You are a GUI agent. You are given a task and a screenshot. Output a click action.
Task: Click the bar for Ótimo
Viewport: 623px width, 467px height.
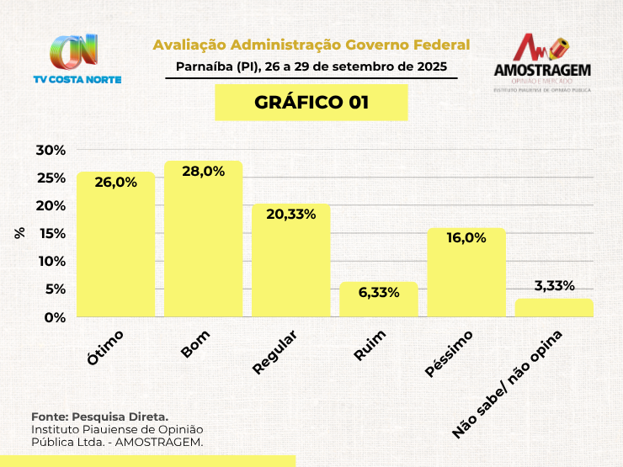(x=115, y=244)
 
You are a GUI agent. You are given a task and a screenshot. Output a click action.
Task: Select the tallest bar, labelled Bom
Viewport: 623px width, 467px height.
(x=203, y=239)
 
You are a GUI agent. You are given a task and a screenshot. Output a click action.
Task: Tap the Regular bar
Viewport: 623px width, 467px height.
(x=291, y=260)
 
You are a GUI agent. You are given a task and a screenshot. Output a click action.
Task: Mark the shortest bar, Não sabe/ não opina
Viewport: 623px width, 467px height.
(x=554, y=308)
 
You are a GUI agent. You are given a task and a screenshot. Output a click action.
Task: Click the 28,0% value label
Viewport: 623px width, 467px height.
(x=203, y=172)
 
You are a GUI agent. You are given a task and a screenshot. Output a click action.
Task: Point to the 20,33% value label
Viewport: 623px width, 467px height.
(x=291, y=215)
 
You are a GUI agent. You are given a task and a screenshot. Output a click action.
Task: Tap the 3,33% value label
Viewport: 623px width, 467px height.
(x=554, y=284)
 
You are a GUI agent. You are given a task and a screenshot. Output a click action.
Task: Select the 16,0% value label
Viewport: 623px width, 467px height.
(x=466, y=238)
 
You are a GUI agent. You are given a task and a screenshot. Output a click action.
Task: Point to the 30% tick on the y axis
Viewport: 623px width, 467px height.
(x=51, y=151)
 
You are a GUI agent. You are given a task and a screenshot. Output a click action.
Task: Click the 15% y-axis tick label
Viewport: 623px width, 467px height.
(x=51, y=234)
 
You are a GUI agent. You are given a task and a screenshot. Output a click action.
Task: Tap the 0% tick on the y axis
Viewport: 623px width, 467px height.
(x=54, y=317)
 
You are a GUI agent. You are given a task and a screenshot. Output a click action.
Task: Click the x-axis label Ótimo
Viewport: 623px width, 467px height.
(x=106, y=347)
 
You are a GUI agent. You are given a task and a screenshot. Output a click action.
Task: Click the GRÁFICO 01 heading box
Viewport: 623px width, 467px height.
(x=311, y=103)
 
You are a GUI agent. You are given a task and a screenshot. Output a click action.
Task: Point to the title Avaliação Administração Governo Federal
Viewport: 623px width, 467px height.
(x=311, y=45)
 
